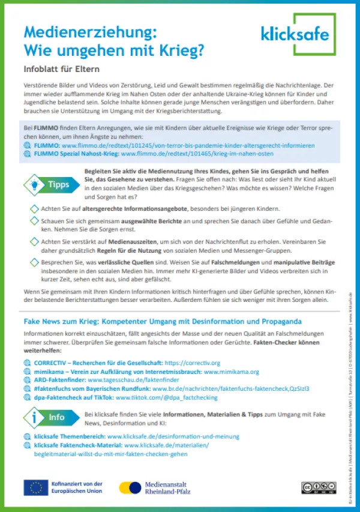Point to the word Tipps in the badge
point(59,185)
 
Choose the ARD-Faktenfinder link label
point(60,380)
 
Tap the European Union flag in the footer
point(36,487)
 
